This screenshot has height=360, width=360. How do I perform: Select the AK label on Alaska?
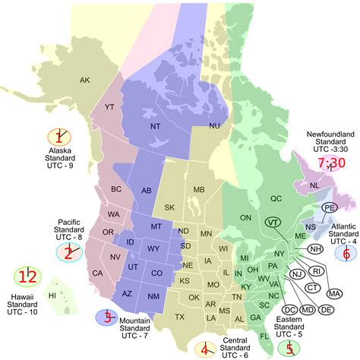85,80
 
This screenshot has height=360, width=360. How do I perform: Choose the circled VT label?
272,222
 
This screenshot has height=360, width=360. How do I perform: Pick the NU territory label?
215,125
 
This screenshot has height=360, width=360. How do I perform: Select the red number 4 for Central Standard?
204,349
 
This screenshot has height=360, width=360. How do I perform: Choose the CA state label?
97,251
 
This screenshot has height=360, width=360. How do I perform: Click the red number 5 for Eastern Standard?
288,349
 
